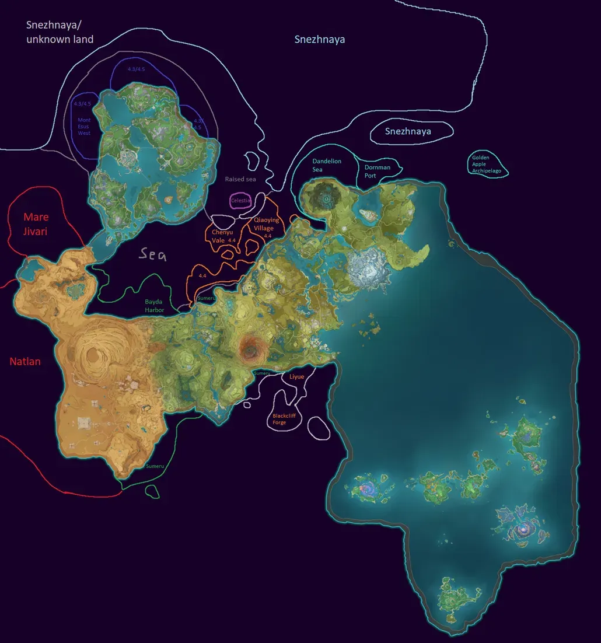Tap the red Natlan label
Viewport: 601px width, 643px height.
click(x=25, y=361)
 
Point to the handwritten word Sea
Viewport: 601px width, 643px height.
click(x=152, y=254)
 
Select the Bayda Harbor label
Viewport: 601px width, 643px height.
click(x=154, y=306)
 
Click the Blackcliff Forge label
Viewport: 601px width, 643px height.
click(x=284, y=419)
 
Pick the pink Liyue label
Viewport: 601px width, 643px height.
click(x=297, y=377)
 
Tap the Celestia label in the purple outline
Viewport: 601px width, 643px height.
click(x=241, y=200)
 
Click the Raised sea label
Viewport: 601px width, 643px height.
click(x=240, y=179)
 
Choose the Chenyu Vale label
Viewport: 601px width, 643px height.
click(x=222, y=236)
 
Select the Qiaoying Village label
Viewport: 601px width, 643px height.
click(x=267, y=224)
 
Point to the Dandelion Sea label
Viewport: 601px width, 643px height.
click(x=326, y=165)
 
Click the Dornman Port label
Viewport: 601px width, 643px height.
click(x=378, y=171)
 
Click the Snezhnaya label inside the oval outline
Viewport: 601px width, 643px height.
click(x=408, y=131)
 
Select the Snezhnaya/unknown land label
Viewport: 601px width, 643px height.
click(x=60, y=32)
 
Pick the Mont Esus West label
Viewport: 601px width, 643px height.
click(x=85, y=126)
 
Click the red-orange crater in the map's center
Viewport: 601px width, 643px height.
click(x=252, y=348)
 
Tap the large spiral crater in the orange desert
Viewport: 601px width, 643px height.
click(x=96, y=355)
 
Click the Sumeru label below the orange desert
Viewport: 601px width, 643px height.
click(x=155, y=466)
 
